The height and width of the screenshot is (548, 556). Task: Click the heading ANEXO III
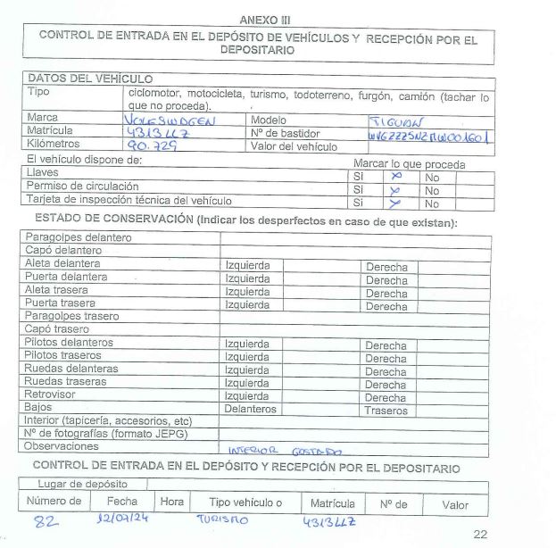[266, 20]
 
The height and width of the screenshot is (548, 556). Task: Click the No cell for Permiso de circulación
[433, 190]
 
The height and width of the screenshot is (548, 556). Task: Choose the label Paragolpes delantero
[79, 238]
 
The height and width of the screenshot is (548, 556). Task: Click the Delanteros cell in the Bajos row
[250, 411]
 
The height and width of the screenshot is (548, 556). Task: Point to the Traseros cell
[386, 411]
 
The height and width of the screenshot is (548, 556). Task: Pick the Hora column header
[172, 502]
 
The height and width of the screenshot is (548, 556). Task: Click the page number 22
[482, 535]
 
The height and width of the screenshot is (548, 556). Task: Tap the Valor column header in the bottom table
[455, 504]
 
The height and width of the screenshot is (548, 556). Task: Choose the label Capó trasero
[64, 329]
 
